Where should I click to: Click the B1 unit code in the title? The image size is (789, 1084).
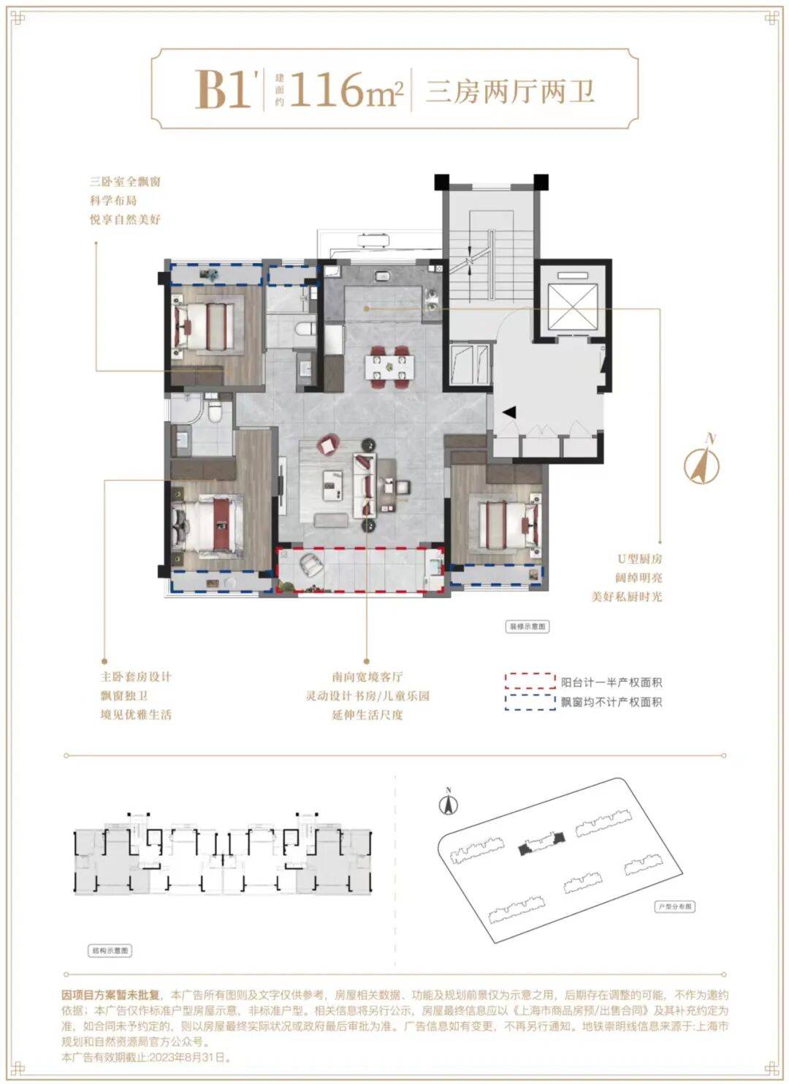tap(224, 91)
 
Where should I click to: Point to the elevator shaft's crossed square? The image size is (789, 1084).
tap(572, 300)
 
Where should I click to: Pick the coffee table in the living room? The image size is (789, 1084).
tap(338, 484)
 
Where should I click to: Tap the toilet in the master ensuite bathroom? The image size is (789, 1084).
tap(214, 414)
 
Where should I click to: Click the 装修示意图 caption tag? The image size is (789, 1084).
tap(527, 626)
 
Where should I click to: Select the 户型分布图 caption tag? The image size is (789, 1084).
tap(674, 906)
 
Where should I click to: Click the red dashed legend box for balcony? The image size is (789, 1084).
tap(530, 682)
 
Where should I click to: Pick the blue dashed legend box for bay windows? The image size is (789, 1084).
tap(530, 702)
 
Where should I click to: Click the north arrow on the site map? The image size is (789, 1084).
tap(449, 803)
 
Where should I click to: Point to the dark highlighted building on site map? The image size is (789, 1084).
tap(541, 845)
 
